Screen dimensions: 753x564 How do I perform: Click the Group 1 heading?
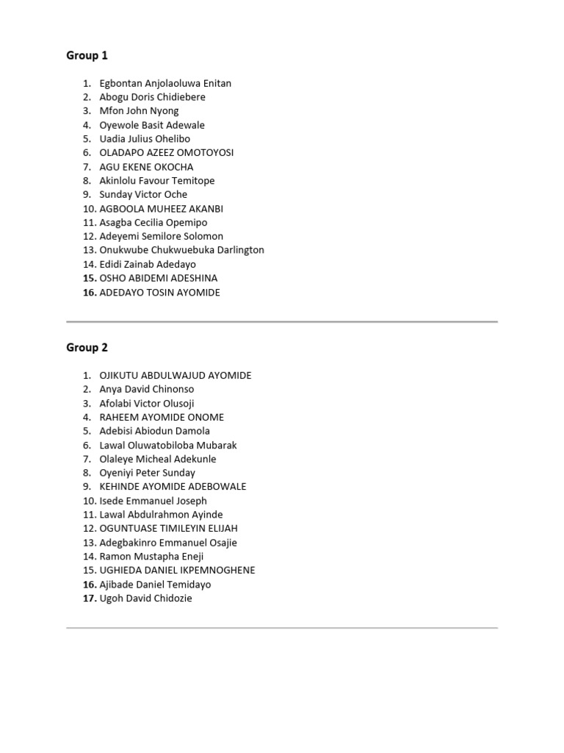pos(87,55)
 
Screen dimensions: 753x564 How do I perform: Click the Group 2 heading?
pos(87,347)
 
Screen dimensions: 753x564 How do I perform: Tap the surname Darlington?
pos(236,250)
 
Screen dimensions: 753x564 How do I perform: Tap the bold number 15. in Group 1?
pos(90,278)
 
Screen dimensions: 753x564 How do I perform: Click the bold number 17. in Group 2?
pos(90,599)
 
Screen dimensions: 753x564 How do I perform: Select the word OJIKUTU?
pos(118,375)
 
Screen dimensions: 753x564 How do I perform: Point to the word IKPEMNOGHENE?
pos(219,571)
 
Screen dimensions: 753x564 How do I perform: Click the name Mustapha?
pos(156,557)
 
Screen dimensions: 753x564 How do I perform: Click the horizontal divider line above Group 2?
pos(282,321)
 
